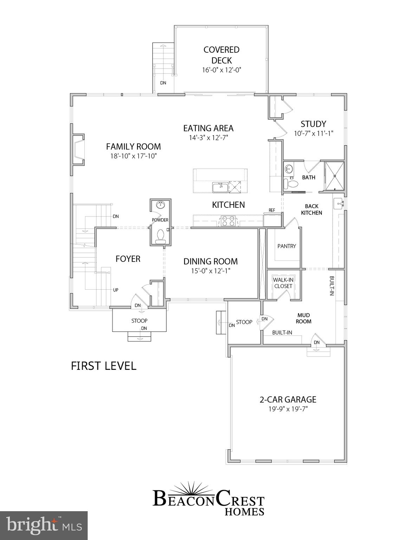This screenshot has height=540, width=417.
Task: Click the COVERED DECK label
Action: point(221,55)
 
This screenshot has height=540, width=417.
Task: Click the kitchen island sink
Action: point(220,187)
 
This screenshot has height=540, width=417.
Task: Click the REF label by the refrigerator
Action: point(272,210)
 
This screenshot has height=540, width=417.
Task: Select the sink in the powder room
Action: point(161,205)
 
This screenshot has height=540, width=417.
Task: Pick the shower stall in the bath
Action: point(334,176)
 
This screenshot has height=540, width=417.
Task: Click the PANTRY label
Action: point(287,246)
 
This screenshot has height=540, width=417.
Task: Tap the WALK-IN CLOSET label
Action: point(283,283)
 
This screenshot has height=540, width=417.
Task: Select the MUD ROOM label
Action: point(303,318)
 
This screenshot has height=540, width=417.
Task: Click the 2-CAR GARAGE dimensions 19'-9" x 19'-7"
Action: point(288,409)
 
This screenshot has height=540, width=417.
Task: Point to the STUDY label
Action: point(313,124)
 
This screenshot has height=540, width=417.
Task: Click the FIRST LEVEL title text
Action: point(104,366)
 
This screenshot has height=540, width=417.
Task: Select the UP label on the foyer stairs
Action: point(116,290)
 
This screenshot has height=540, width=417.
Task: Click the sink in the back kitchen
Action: point(339,203)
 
